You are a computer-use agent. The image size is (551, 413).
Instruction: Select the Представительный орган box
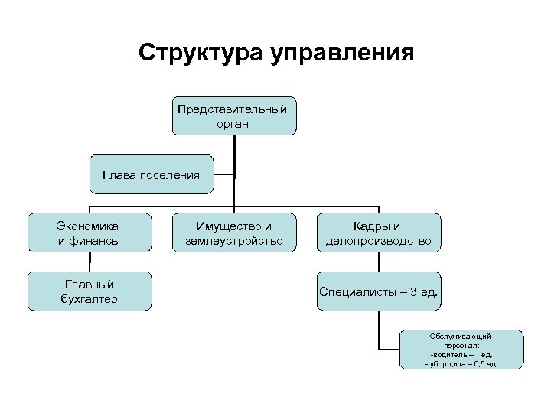pos(233,115)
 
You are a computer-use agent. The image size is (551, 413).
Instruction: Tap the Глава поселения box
pos(150,175)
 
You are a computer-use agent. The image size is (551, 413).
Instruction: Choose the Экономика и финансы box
pos(89,233)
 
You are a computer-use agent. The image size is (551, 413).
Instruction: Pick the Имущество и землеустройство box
pos(233,233)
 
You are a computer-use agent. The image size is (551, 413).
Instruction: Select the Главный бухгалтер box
pos(89,291)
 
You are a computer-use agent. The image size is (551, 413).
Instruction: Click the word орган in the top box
pos(233,123)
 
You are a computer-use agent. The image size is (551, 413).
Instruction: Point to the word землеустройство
pos(233,241)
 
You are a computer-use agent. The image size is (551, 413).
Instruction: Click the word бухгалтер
pos(89,298)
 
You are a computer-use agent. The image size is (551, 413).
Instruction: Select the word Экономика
pos(89,226)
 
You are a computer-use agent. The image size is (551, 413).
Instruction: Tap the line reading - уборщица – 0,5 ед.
pos(461,364)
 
